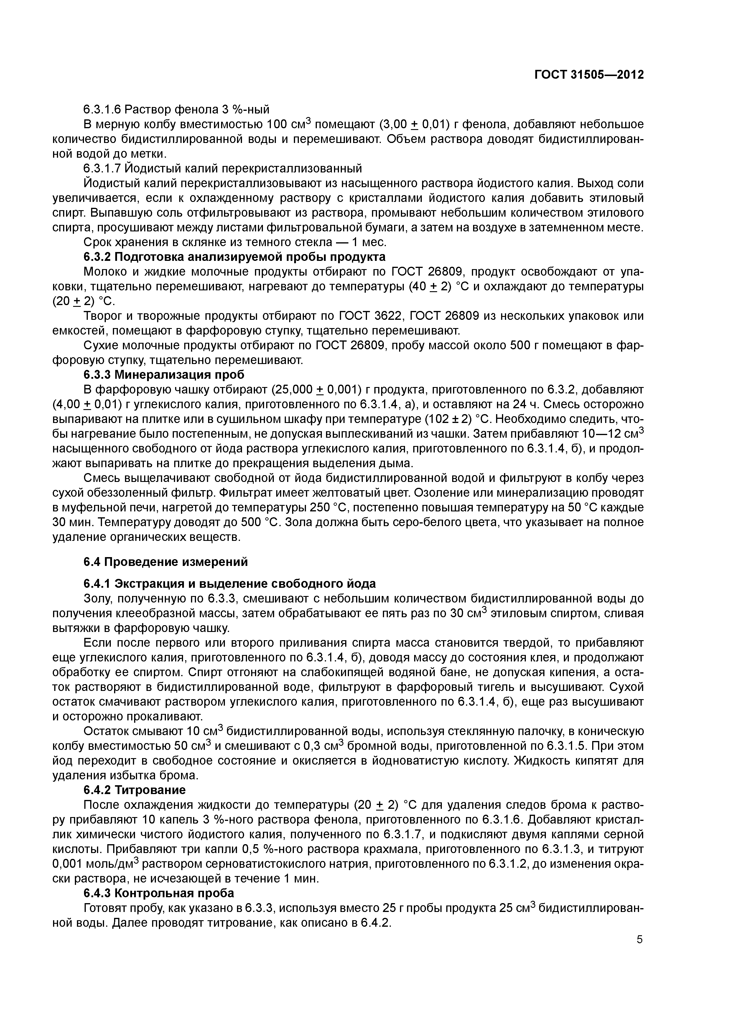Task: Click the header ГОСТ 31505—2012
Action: click(x=589, y=75)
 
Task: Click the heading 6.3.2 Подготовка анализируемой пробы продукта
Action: click(x=234, y=257)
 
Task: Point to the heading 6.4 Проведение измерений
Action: click(x=166, y=562)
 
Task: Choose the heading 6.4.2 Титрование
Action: click(x=134, y=790)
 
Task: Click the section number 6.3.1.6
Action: click(x=102, y=109)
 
